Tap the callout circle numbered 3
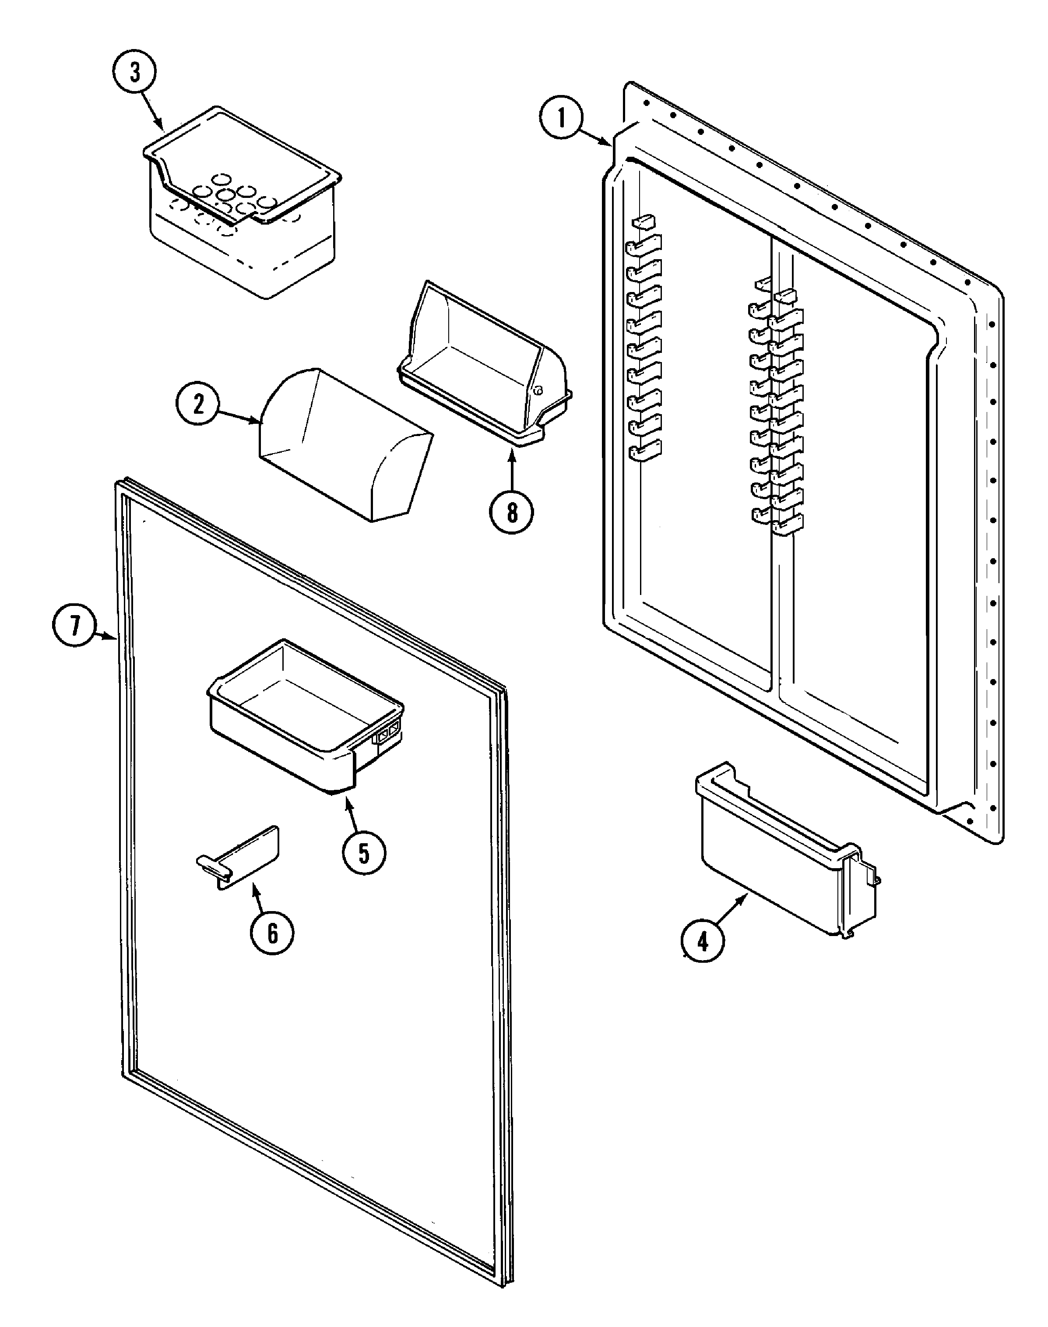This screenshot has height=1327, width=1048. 134,72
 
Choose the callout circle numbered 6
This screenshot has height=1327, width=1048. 272,933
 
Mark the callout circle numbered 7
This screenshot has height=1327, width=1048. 74,627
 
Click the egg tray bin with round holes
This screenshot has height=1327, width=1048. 243,202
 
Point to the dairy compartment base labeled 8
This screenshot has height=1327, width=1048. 485,368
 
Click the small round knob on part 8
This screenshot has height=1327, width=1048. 538,390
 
